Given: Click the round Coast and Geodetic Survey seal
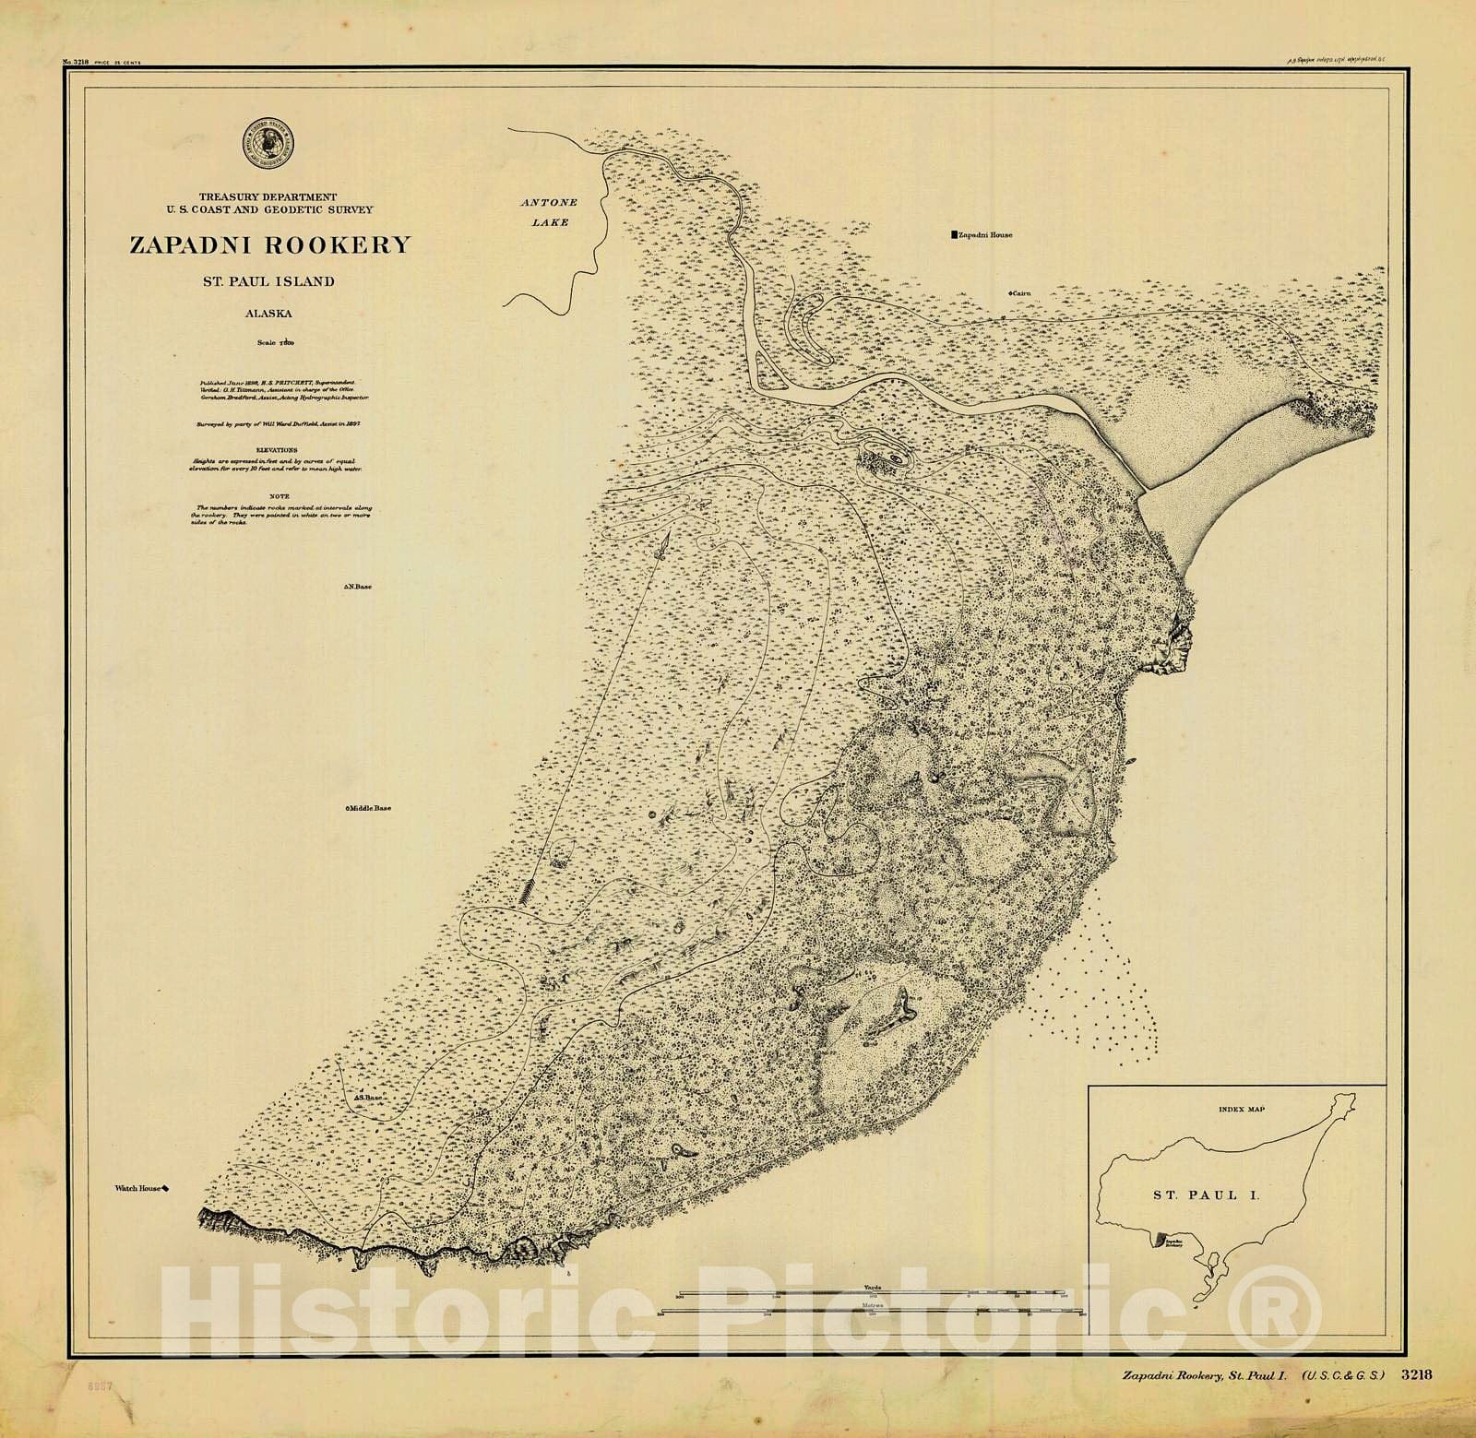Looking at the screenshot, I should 266,145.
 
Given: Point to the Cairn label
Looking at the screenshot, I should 1019,292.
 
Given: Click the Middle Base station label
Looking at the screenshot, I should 369,809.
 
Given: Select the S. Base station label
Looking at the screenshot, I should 368,1099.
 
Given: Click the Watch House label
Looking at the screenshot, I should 140,1190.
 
